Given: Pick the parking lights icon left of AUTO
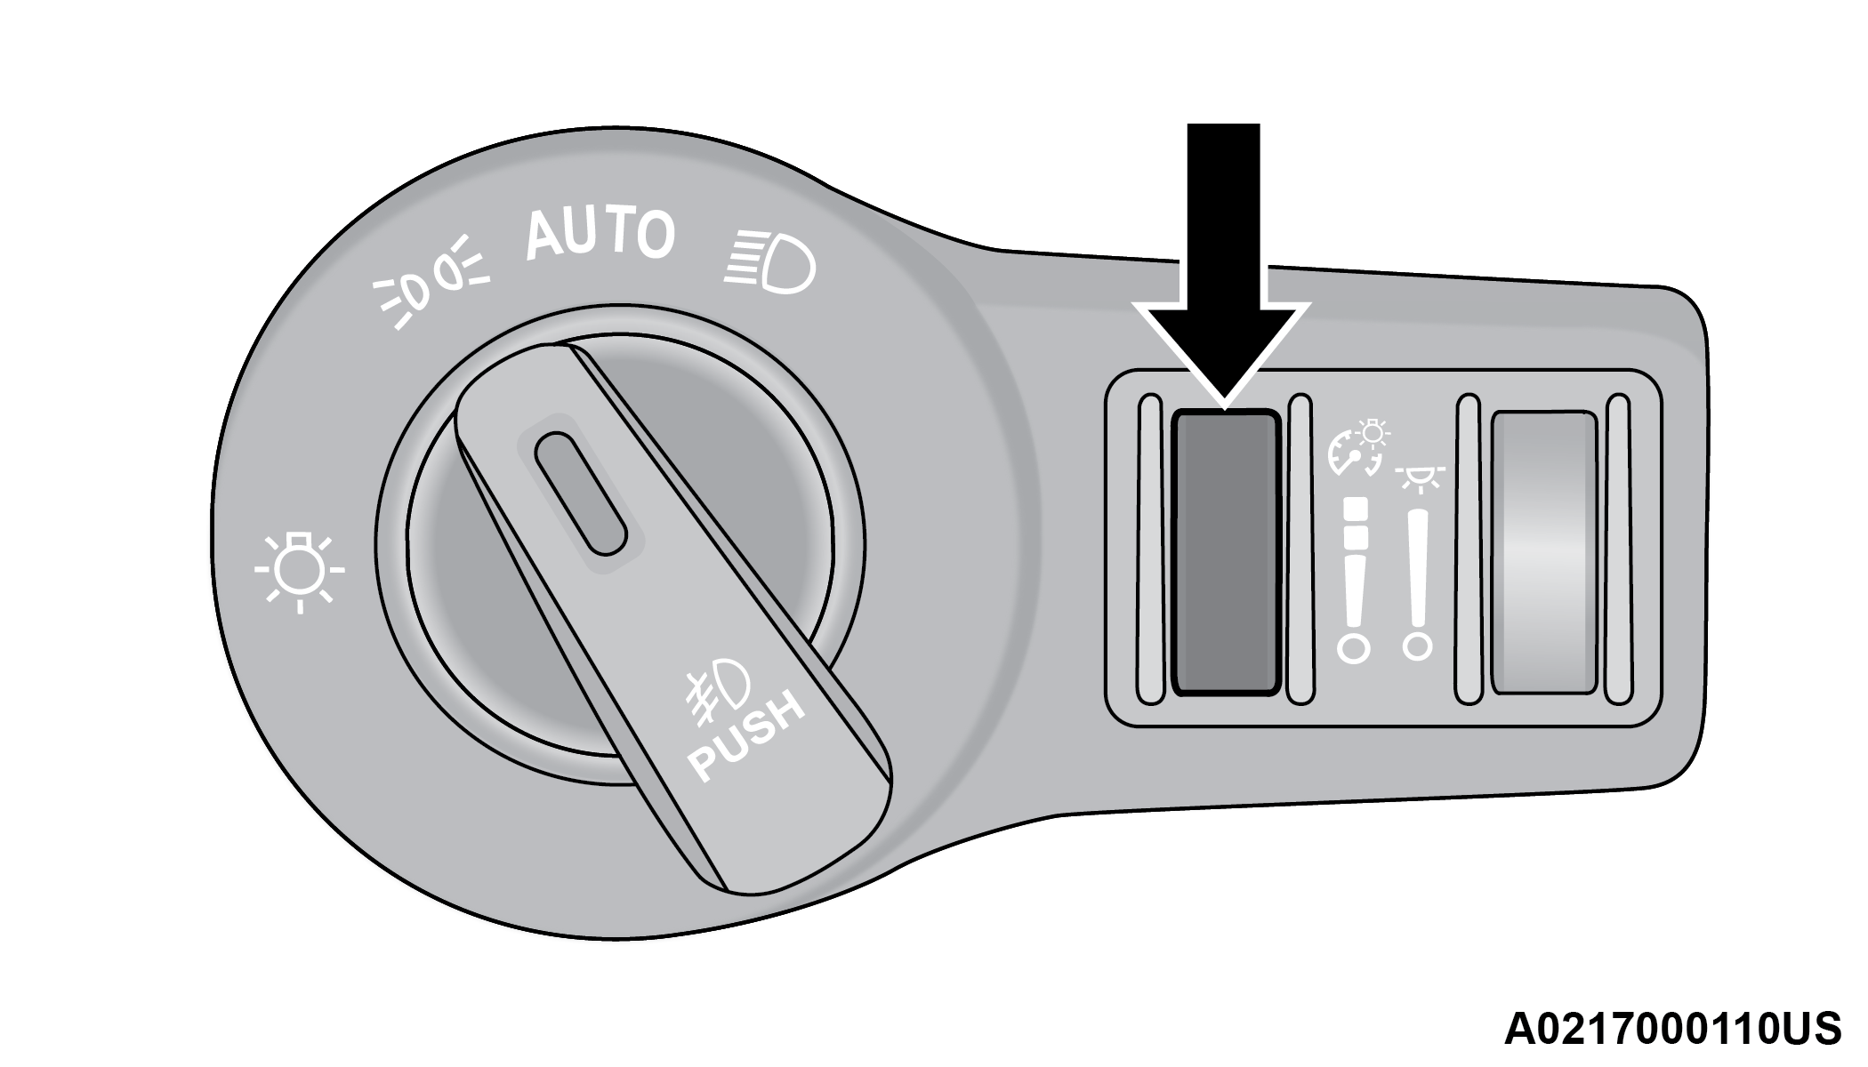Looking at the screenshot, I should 431,282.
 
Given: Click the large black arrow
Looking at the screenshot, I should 1224,267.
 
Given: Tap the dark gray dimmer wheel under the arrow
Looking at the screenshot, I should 1226,552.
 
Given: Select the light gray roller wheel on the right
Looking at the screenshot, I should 1543,552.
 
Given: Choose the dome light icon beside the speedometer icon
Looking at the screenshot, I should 1420,478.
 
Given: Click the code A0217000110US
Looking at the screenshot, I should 1672,1030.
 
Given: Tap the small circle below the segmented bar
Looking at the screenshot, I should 1354,648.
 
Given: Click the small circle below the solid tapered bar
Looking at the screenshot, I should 1417,646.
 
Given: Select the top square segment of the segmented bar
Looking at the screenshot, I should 1356,508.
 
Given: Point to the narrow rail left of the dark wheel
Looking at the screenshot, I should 1150,550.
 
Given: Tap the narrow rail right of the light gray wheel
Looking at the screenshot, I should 1620,550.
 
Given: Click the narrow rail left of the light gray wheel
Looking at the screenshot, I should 1467,550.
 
